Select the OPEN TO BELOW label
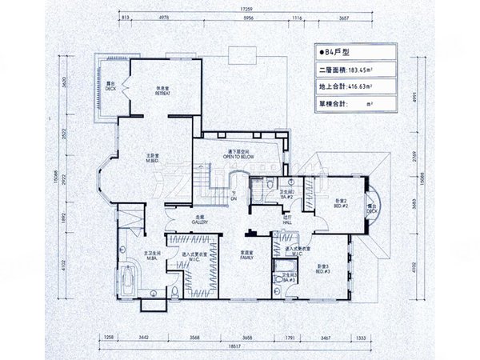[x=238, y=156]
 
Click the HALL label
[x=288, y=219]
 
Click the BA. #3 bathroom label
[x=286, y=279]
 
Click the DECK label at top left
[x=110, y=86]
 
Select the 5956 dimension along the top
[x=248, y=17]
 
